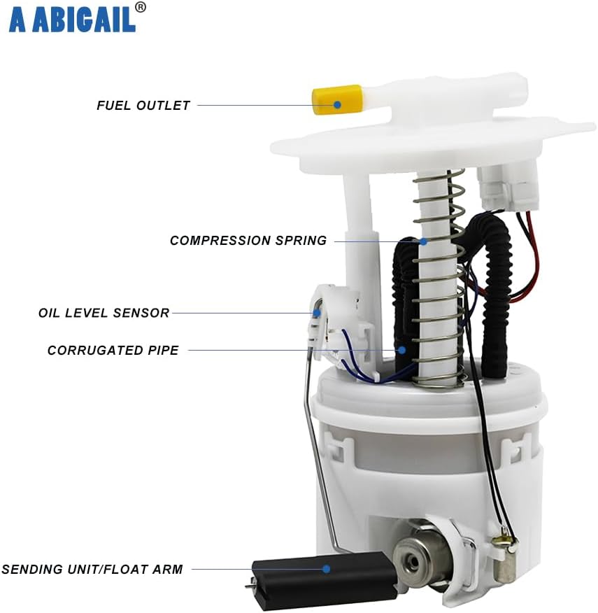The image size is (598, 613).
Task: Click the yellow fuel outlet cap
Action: (336, 99)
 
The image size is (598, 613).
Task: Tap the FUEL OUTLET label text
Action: (143, 106)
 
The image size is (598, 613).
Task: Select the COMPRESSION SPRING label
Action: (248, 241)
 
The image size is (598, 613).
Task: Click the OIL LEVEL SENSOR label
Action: (104, 313)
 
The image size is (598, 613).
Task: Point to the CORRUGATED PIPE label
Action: (113, 350)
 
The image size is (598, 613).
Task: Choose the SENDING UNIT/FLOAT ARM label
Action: (92, 570)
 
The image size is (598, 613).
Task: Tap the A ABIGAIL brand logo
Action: (71, 20)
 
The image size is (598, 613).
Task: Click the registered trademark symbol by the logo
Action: (141, 7)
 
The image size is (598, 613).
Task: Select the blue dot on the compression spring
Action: (424, 241)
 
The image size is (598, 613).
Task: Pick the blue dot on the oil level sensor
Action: (316, 313)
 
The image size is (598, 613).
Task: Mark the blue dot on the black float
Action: (326, 569)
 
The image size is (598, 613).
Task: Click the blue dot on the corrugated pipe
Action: (401, 349)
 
